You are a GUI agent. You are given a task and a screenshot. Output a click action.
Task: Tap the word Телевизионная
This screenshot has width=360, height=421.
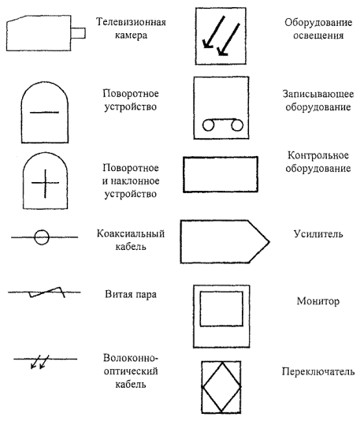131,22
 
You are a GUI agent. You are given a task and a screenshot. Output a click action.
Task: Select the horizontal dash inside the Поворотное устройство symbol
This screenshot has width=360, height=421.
44,112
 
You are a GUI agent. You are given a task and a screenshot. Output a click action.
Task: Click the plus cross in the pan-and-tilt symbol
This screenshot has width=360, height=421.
45,184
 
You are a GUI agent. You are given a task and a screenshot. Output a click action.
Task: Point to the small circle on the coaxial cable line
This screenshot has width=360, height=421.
42,237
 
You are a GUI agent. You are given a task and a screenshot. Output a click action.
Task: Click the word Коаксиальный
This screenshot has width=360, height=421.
131,233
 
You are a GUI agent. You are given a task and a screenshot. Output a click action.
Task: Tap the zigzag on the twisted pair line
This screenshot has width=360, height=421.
47,292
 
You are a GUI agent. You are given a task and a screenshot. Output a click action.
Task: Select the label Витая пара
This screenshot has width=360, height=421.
131,294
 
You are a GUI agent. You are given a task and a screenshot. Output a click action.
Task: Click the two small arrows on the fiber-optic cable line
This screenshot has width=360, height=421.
39,362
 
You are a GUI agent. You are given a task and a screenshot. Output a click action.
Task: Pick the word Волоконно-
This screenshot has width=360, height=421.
131,358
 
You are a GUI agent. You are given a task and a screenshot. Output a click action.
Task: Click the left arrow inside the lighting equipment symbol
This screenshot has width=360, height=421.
213,32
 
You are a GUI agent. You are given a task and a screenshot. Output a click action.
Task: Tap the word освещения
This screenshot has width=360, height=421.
318,35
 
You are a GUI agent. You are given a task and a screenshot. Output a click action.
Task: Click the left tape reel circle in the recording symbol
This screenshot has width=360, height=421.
208,125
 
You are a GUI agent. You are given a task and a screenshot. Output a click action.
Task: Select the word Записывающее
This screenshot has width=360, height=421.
318,94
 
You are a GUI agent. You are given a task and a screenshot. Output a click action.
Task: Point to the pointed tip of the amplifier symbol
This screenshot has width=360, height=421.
269,242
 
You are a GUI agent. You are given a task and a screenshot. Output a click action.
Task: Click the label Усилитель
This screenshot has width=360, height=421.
318,234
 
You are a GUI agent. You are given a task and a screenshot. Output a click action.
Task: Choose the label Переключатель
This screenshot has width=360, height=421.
318,372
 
